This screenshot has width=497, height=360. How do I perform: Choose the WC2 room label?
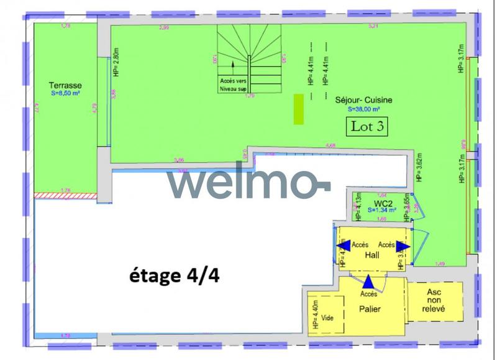(382, 203)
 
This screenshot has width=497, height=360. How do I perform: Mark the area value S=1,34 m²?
(381, 211)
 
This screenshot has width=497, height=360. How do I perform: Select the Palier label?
(370, 309)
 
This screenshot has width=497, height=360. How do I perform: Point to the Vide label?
(327, 318)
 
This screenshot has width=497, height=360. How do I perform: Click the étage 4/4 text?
(173, 275)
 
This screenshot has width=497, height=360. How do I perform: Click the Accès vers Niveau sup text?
(233, 85)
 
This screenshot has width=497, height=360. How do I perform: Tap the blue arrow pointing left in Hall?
(342, 246)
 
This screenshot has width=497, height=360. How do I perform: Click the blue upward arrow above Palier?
(368, 282)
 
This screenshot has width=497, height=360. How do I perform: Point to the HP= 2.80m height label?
(116, 62)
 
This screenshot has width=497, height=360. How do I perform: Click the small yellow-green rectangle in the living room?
(299, 109)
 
